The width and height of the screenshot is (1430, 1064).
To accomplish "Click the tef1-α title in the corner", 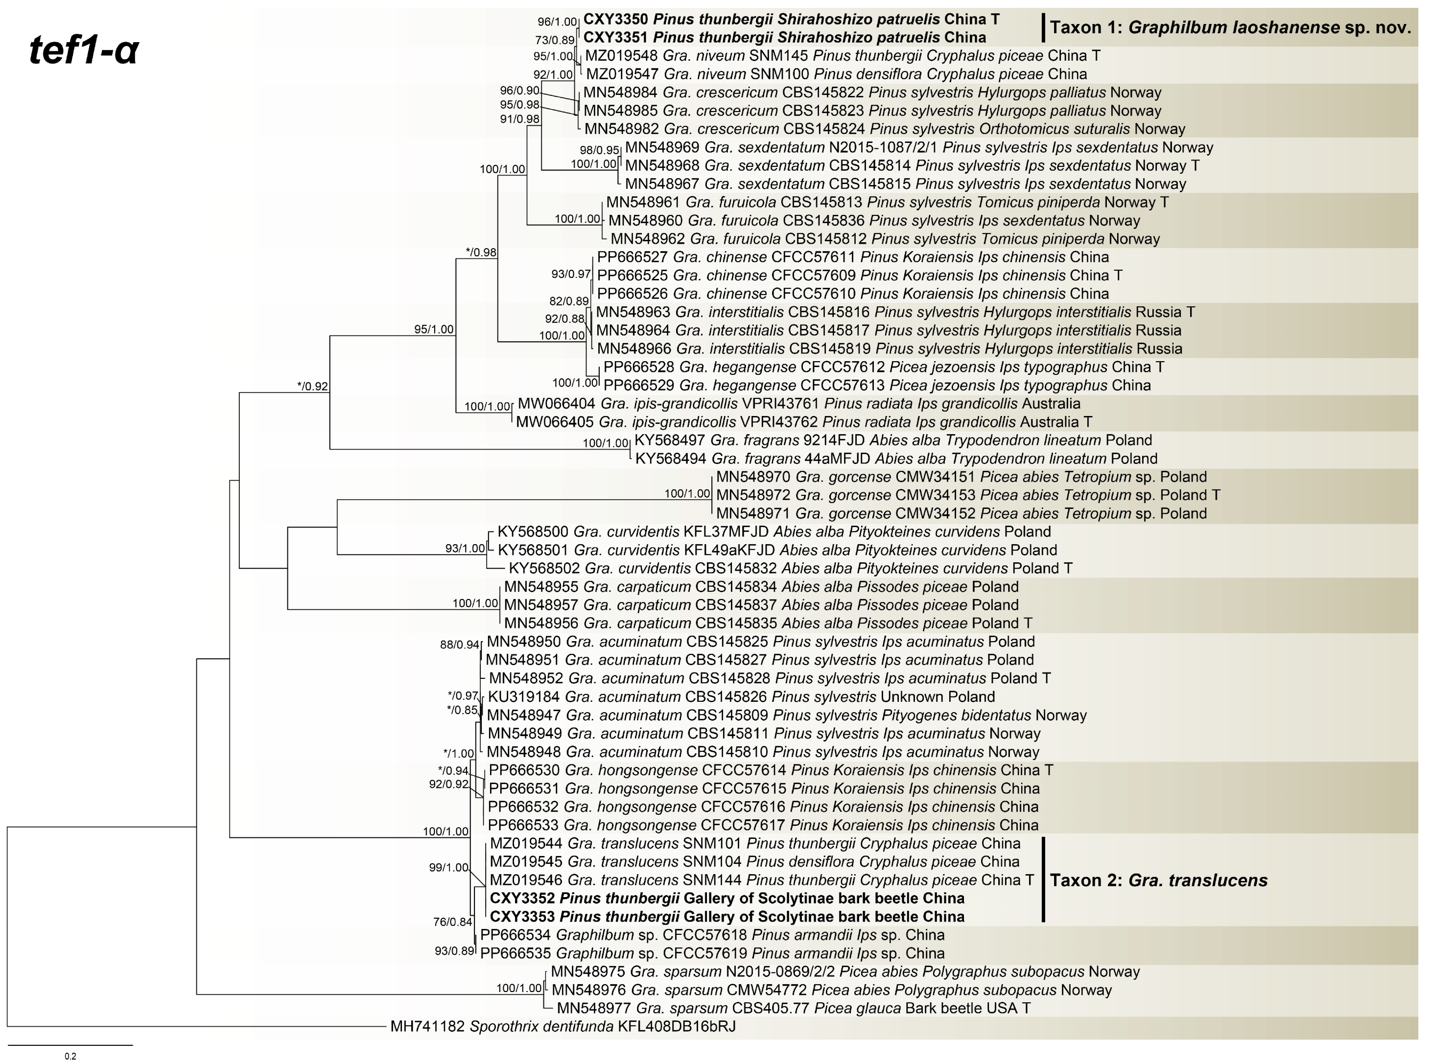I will coord(84,50).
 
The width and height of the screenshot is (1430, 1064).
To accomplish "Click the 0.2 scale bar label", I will coord(70,1056).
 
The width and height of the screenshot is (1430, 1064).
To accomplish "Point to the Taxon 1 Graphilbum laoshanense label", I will coord(1230,28).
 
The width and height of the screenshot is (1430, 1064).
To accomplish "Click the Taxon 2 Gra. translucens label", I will coord(1158,880).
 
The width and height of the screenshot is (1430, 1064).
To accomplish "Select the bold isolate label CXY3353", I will coord(522,917).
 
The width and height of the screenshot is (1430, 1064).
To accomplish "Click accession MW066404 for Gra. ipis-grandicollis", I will coord(557,404).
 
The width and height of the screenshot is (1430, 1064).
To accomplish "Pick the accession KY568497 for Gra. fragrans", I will coord(670,440).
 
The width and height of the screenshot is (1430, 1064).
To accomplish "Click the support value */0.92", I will coord(312,387).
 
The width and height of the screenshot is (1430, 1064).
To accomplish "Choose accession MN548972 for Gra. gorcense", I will coord(753,495).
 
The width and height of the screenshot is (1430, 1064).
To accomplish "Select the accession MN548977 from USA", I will coord(593,1008).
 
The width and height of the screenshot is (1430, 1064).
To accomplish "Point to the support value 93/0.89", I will coord(454,950).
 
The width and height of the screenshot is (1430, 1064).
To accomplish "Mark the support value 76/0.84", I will coord(452,922).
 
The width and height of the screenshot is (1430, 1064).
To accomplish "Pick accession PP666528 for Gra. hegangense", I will coord(638,367).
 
